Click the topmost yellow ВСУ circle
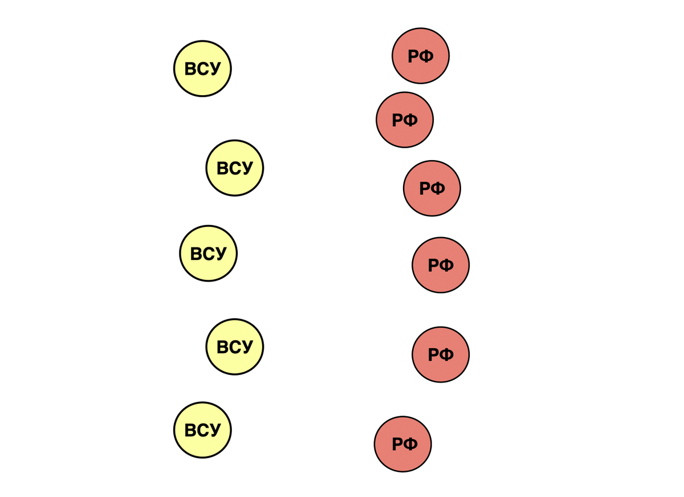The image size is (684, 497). point(202,68)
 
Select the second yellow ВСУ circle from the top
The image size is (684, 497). point(235,168)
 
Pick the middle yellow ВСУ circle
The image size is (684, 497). point(209,254)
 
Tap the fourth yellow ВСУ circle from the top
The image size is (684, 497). point(235,347)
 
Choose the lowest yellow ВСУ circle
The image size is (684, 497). point(202,430)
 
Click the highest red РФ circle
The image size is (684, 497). point(421,56)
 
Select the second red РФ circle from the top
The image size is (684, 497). point(405,120)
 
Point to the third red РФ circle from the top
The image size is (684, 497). point(432,188)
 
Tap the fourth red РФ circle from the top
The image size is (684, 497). point(441,265)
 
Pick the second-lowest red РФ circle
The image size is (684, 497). point(441,355)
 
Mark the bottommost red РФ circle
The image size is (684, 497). point(403,444)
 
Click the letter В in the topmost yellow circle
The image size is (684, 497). point(190,69)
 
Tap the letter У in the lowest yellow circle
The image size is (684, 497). point(214,430)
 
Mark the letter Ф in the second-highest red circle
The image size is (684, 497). point(411,120)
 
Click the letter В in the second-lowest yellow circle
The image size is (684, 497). point(223,347)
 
